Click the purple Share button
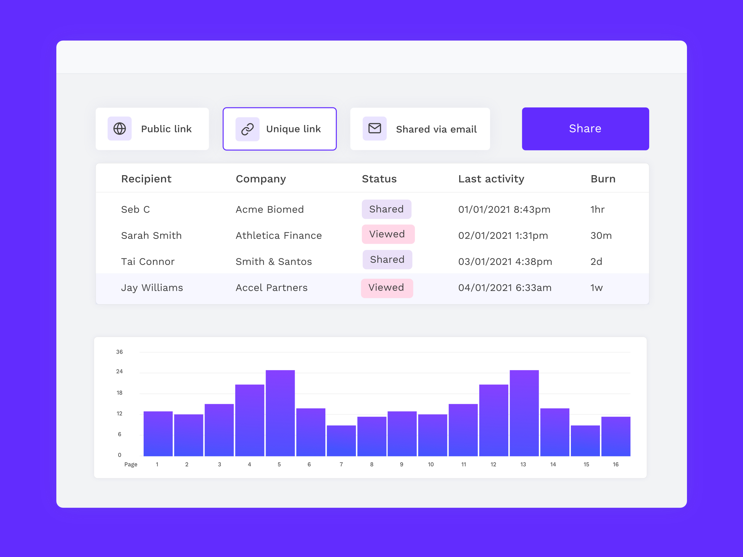coord(585,129)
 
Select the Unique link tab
coord(280,129)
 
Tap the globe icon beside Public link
coord(119,129)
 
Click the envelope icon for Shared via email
coord(375,129)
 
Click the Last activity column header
coord(491,179)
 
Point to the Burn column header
coord(603,179)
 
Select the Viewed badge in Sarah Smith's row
coord(388,234)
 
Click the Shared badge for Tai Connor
coord(387,260)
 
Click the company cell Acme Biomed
coord(269,209)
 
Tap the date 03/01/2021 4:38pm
coord(505,261)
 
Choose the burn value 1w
coord(596,288)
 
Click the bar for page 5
coord(280,413)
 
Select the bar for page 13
coord(524,413)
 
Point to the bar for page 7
coord(341,441)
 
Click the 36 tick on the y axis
coord(119,352)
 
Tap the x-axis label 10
coord(431,464)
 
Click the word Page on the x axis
coord(131,464)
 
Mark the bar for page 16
coord(615,436)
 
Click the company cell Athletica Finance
coord(278,236)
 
